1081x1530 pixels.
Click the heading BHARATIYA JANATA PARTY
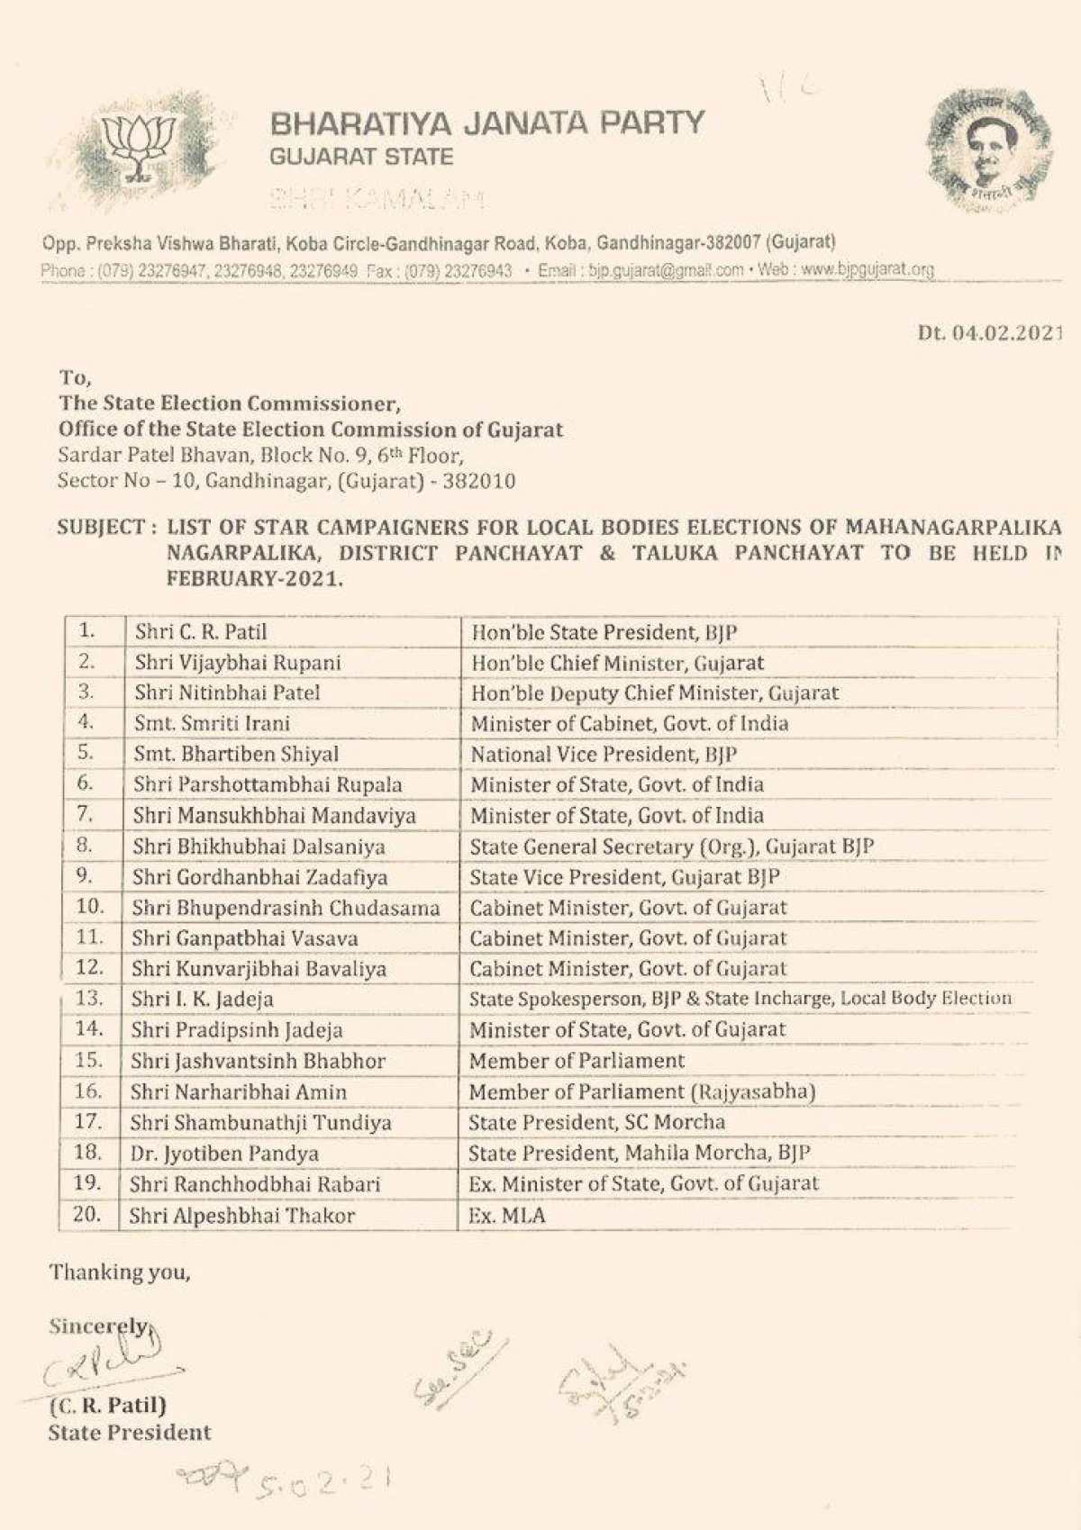coord(487,122)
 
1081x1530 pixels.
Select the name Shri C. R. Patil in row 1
coord(201,632)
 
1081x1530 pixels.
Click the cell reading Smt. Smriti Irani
coord(213,723)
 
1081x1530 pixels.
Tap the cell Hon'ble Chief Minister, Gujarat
coord(618,663)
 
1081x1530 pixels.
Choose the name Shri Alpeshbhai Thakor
coord(242,1216)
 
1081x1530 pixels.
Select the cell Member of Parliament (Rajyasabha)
coord(642,1091)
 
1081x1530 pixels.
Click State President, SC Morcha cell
coord(597,1122)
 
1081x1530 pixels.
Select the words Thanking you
coord(120,1272)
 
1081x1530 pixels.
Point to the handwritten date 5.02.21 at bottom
coord(320,1480)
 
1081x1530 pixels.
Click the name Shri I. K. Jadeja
coord(203,999)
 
